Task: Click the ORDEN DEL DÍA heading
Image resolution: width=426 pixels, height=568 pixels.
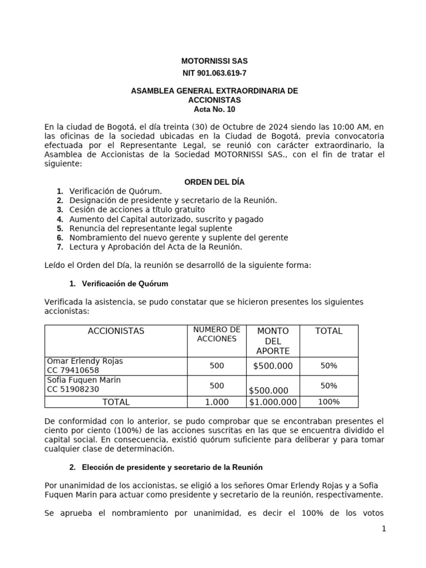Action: pos(214,182)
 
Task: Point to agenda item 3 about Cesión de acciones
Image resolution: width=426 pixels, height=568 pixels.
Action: pos(137,210)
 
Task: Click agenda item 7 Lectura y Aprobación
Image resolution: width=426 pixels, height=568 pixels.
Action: pos(156,247)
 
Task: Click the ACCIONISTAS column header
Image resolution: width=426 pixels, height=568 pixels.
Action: pos(116,331)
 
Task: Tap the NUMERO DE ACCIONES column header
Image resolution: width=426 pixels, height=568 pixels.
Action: pos(217,334)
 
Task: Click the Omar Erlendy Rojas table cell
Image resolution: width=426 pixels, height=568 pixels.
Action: pos(116,366)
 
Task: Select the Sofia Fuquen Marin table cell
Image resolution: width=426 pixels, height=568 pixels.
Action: pos(116,384)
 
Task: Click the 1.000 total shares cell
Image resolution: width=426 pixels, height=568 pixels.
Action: pos(217,402)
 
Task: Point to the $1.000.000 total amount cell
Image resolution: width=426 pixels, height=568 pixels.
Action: pos(273,402)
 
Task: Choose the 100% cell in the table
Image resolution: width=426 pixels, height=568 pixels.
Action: pos(328,402)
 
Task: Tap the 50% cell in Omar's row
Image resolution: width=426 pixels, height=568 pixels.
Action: pos(328,366)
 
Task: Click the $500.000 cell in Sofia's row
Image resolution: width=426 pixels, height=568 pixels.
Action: pos(270,390)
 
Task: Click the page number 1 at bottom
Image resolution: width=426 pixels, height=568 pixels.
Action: pos(383,529)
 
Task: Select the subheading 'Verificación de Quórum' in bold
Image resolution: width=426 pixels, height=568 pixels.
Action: pos(125,283)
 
